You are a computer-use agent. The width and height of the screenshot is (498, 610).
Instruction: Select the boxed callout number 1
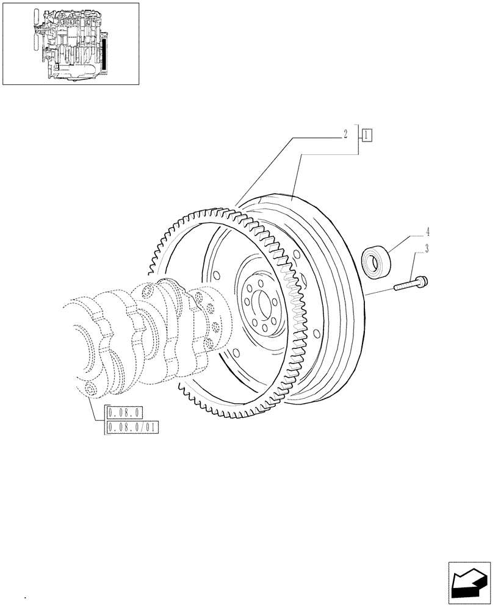coord(366,135)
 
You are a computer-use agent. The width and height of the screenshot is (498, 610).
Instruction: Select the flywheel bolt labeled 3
coord(411,284)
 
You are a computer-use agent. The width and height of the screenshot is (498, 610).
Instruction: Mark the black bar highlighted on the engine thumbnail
coord(104,55)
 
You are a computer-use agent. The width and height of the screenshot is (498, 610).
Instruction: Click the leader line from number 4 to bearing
coord(406,239)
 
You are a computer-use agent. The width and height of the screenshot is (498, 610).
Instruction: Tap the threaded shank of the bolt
coord(405,285)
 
